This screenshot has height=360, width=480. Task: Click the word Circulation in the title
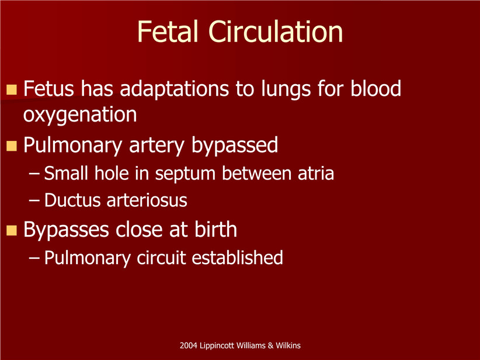(276, 31)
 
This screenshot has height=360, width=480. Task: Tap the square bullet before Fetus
(11, 89)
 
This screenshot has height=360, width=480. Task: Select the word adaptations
(174, 89)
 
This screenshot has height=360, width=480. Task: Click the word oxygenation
(80, 116)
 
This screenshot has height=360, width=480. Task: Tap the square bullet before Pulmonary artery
(11, 146)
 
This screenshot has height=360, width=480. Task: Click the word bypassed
(235, 145)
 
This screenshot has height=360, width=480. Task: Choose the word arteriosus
(147, 200)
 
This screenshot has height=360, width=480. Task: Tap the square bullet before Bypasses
(11, 230)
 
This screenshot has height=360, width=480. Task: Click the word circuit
(161, 258)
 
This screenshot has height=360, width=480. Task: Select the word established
(237, 257)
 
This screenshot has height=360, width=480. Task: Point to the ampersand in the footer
(270, 345)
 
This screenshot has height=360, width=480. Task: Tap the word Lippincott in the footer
(217, 346)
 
